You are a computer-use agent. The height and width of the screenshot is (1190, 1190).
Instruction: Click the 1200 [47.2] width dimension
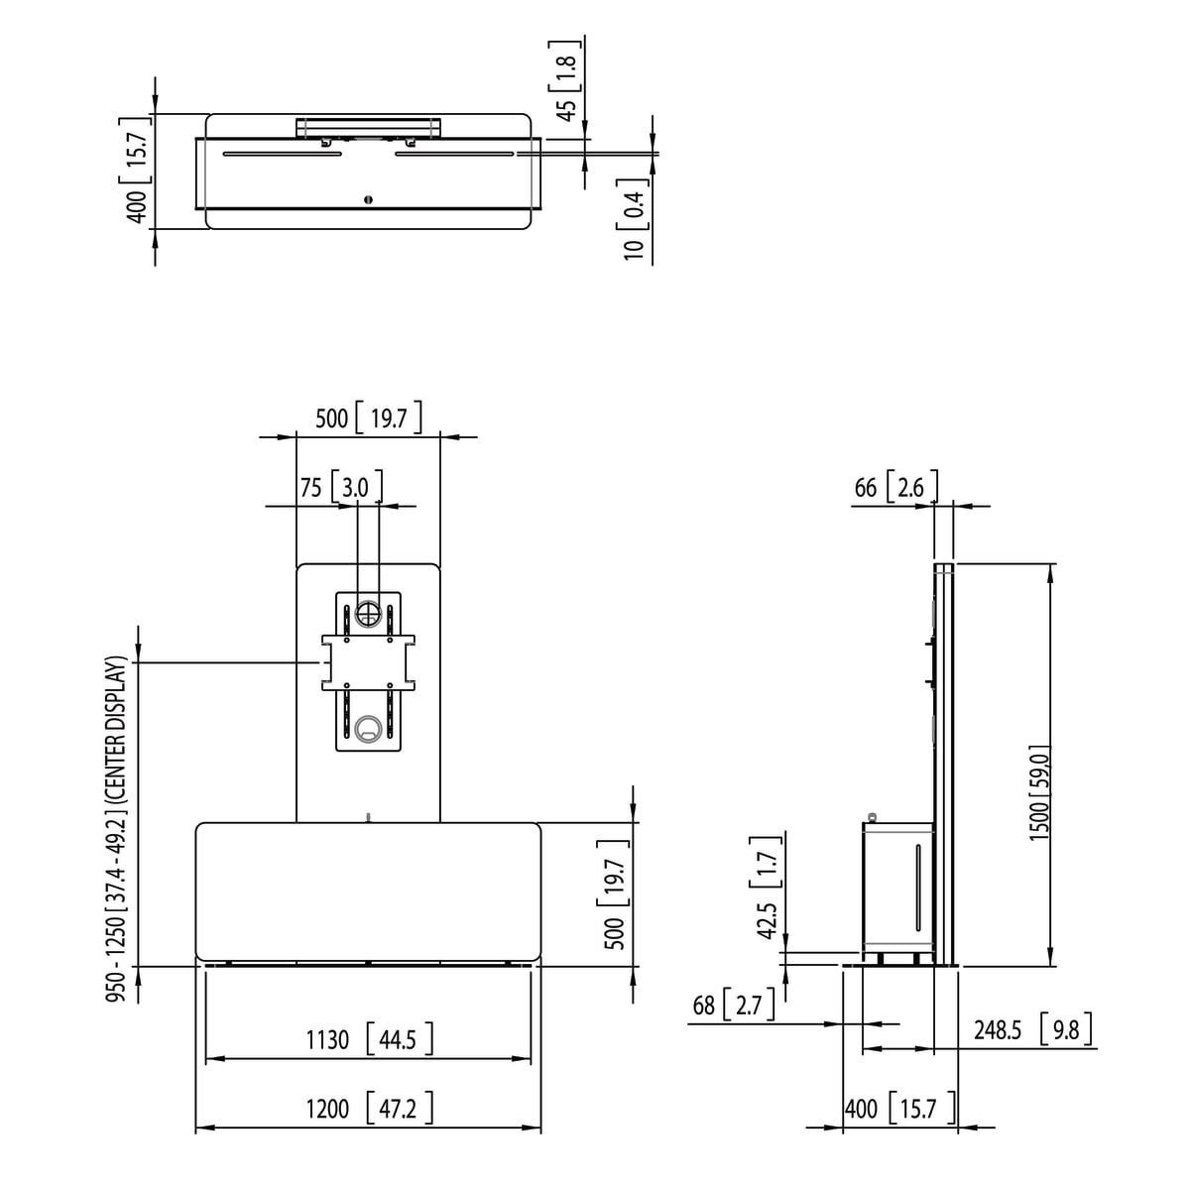click(x=369, y=1109)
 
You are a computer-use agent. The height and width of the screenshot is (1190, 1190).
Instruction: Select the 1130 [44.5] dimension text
click(x=369, y=1039)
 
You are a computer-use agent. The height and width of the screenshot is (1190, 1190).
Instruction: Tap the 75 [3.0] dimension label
click(x=341, y=487)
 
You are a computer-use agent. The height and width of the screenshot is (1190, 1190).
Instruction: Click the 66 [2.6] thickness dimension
click(x=896, y=487)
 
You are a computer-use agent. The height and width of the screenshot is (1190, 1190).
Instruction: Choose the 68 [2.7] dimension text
click(x=734, y=1006)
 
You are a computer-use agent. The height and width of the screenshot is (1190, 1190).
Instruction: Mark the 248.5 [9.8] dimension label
click(x=1033, y=1029)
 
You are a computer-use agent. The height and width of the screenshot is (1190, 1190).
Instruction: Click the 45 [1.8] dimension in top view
click(x=565, y=80)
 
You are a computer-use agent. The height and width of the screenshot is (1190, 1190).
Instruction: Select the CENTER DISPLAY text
click(x=117, y=739)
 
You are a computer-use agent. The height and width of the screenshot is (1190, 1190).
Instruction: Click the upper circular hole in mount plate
click(x=368, y=613)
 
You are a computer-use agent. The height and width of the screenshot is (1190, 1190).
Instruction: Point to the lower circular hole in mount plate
click(x=368, y=726)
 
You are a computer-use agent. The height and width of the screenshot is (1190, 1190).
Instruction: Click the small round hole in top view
click(x=369, y=199)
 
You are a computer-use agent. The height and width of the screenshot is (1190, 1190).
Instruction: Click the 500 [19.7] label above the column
click(x=369, y=418)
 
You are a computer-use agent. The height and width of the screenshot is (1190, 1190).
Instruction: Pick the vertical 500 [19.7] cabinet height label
click(x=613, y=894)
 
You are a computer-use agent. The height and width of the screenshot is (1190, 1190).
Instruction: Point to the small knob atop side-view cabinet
click(x=872, y=816)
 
